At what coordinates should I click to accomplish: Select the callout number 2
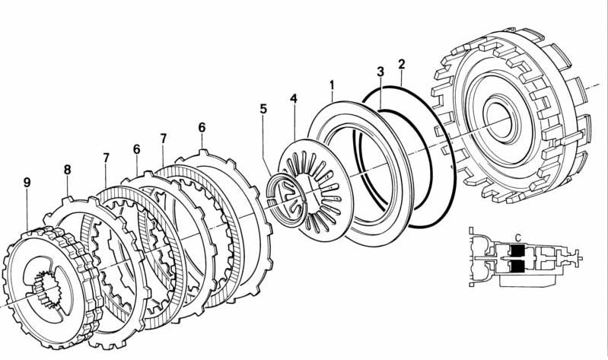(x=401, y=64)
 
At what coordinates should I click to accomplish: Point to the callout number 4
(x=294, y=99)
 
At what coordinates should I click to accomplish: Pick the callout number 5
(x=263, y=109)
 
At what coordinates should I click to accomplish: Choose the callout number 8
(x=67, y=170)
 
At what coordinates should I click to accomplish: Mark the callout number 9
(x=27, y=183)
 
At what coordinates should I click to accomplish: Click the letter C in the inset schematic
(x=517, y=237)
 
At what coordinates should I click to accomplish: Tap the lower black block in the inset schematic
(x=517, y=267)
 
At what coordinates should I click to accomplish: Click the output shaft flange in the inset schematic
(x=582, y=258)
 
